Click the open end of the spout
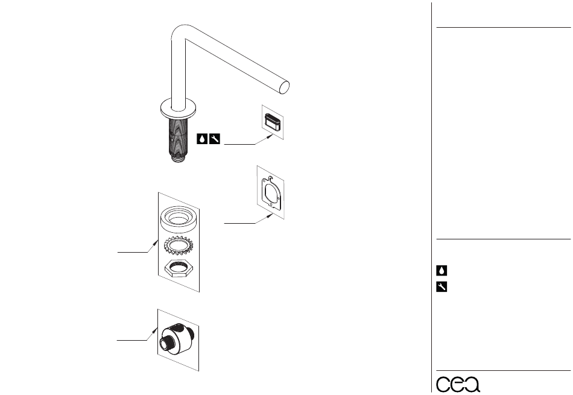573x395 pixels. point(284,87)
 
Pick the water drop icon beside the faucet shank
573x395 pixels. point(202,139)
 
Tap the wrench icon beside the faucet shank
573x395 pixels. point(215,139)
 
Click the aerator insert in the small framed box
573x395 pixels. point(273,122)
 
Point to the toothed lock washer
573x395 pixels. point(179,245)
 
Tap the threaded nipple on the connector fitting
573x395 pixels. point(166,343)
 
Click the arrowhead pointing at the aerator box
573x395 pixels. point(270,137)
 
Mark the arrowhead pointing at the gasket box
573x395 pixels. point(270,215)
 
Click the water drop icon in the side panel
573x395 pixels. point(442,270)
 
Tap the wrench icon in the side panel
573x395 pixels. point(442,286)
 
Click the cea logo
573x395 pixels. point(458,384)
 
